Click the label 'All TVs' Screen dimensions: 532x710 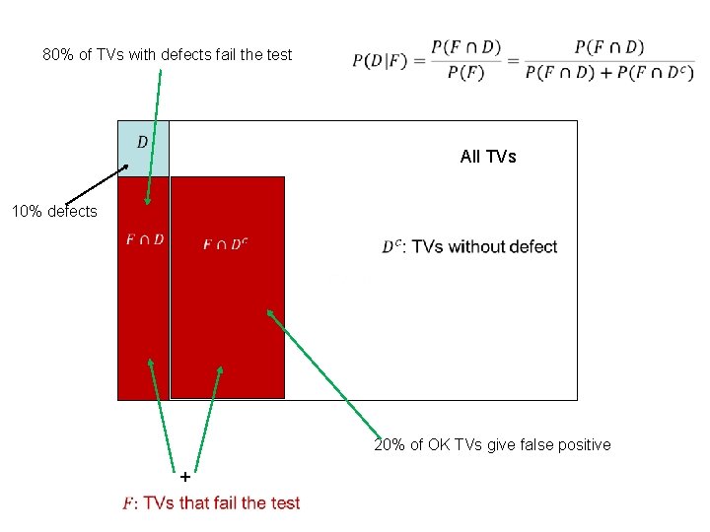point(488,157)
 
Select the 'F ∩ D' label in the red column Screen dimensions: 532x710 point(144,239)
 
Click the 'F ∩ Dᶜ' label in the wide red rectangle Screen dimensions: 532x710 point(225,243)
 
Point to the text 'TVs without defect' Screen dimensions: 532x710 point(484,247)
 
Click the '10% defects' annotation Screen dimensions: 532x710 point(54,211)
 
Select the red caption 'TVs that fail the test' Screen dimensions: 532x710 point(222,503)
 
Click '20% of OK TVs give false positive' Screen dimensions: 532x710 point(492,445)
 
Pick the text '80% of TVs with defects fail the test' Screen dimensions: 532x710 point(168,55)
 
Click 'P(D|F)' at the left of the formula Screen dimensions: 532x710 point(380,61)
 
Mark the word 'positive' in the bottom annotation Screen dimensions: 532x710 point(585,445)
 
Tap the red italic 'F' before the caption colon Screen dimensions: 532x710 point(127,503)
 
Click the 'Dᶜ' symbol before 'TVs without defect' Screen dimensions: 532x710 point(391,247)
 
